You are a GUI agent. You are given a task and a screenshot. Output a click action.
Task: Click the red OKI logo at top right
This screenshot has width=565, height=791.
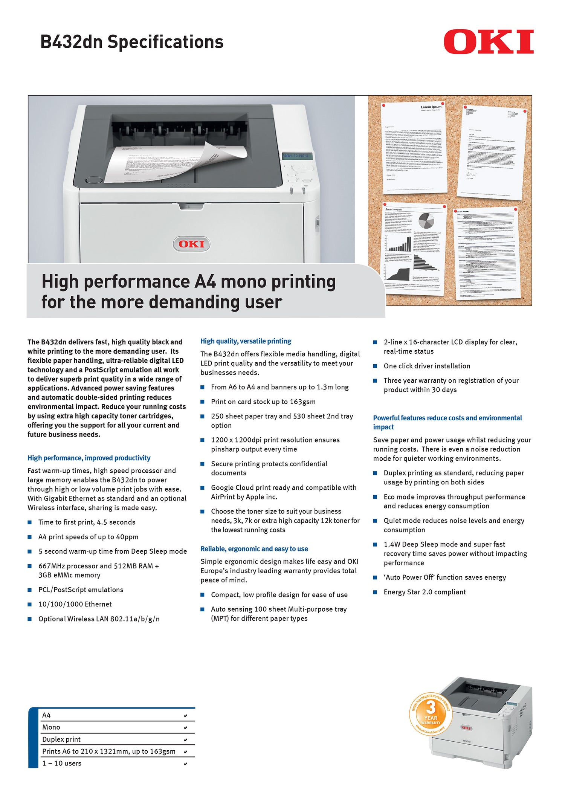pyautogui.click(x=489, y=41)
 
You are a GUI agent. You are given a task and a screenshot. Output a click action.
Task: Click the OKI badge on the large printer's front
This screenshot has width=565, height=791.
pyautogui.click(x=191, y=244)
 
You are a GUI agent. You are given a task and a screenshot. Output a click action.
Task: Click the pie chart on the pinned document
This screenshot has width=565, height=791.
pyautogui.click(x=426, y=221)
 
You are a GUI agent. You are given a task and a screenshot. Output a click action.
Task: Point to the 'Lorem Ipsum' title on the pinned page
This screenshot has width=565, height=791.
pyautogui.click(x=431, y=107)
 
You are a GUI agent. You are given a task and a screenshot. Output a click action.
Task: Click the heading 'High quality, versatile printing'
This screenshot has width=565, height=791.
pyautogui.click(x=246, y=341)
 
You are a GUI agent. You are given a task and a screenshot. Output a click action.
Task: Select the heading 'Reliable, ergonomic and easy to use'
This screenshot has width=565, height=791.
pyautogui.click(x=254, y=549)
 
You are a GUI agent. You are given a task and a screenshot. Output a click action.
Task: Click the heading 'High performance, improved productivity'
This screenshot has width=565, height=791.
pyautogui.click(x=89, y=458)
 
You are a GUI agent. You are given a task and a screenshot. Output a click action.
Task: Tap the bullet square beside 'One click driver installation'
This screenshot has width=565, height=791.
pyautogui.click(x=375, y=366)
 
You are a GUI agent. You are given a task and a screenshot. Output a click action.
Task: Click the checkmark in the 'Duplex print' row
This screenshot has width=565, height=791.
pyautogui.click(x=185, y=740)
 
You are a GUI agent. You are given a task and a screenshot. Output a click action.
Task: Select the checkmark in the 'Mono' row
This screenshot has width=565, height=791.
pyautogui.click(x=185, y=728)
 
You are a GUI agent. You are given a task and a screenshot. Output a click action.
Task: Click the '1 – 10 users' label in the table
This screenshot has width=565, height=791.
pyautogui.click(x=62, y=763)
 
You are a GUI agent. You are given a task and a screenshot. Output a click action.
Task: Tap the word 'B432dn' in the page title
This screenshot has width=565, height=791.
pyautogui.click(x=72, y=42)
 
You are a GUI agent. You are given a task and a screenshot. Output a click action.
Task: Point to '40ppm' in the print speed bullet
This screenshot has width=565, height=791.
pyautogui.click(x=127, y=537)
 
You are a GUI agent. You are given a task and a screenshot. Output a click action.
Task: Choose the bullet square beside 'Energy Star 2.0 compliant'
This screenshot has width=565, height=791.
pyautogui.click(x=375, y=592)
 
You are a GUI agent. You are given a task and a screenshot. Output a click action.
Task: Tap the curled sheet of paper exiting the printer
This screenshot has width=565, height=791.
pyautogui.click(x=177, y=162)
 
